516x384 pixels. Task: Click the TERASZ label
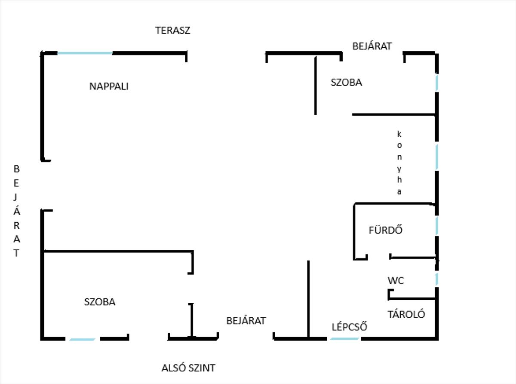pyautogui.click(x=172, y=31)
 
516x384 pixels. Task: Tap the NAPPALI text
pyautogui.click(x=109, y=86)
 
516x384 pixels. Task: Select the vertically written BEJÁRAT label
pyautogui.click(x=16, y=211)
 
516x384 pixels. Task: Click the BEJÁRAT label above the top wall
pyautogui.click(x=372, y=46)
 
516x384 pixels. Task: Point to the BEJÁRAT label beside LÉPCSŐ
pyautogui.click(x=246, y=321)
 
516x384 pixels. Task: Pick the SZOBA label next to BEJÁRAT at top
pyautogui.click(x=346, y=83)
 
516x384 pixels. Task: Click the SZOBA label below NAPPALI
pyautogui.click(x=100, y=302)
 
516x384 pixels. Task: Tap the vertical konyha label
pyautogui.click(x=399, y=163)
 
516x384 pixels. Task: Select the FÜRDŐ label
pyautogui.click(x=385, y=230)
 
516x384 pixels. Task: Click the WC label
pyautogui.click(x=396, y=281)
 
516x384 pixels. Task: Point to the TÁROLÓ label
pyautogui.click(x=406, y=314)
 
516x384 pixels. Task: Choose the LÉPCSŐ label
pyautogui.click(x=350, y=327)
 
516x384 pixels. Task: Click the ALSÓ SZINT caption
pyautogui.click(x=188, y=368)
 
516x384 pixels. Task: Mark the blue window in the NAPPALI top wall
pyautogui.click(x=85, y=53)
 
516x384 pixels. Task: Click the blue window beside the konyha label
pyautogui.click(x=437, y=157)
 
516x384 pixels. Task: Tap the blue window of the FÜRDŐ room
pyautogui.click(x=437, y=225)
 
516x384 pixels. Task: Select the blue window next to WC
pyautogui.click(x=437, y=279)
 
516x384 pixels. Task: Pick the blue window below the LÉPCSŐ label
pyautogui.click(x=344, y=338)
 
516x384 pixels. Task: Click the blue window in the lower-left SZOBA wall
pyautogui.click(x=83, y=339)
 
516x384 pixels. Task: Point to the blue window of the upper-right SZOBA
pyautogui.click(x=437, y=83)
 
